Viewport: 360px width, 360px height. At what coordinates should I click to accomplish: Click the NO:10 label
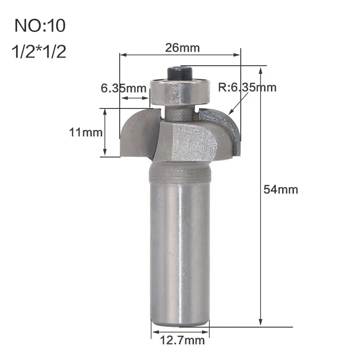(x=40, y=26)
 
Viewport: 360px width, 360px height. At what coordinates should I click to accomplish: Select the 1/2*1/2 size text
(x=39, y=51)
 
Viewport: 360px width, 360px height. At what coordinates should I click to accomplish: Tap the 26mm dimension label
(x=183, y=48)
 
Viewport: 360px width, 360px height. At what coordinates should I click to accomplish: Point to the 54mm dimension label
(x=280, y=189)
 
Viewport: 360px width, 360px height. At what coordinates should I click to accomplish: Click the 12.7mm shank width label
(x=182, y=340)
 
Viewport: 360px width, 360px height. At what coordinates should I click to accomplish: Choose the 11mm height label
(x=85, y=132)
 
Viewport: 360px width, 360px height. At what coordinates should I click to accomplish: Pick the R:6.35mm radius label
(x=247, y=87)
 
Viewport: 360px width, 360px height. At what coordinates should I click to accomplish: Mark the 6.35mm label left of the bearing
(x=123, y=88)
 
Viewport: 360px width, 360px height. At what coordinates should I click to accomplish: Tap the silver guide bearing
(x=180, y=92)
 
